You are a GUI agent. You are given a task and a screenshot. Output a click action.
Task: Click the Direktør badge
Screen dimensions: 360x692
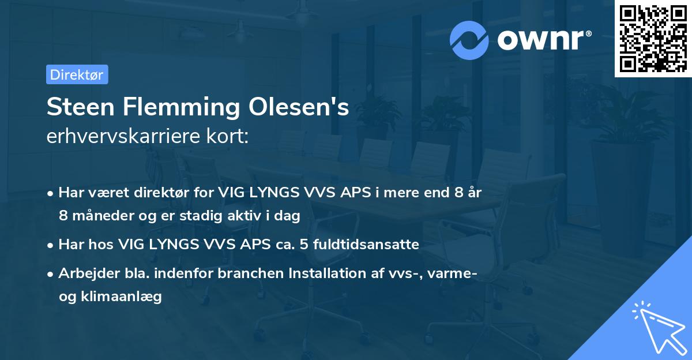coord(77,74)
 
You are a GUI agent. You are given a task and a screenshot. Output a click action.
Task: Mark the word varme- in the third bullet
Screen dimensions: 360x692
coord(453,273)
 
